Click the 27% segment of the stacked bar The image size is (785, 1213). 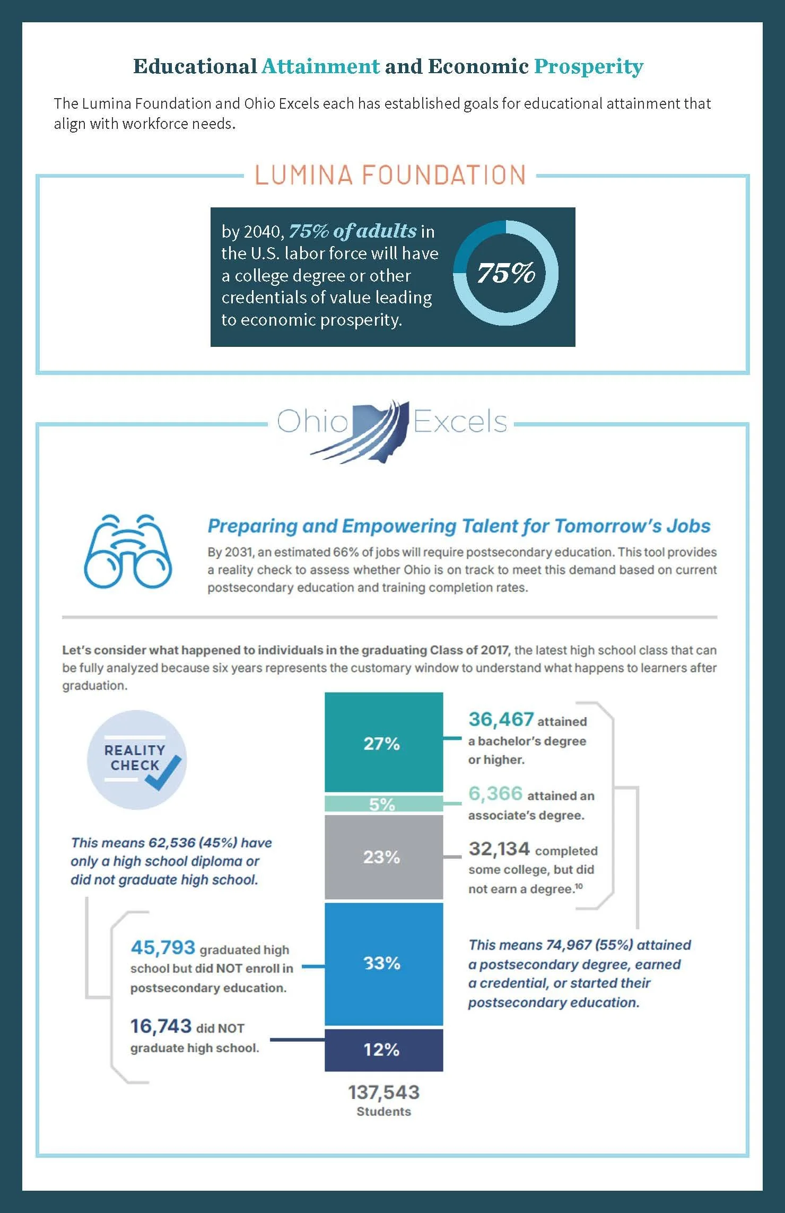[x=383, y=742]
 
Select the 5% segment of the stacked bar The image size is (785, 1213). [x=383, y=804]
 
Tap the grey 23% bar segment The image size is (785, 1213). [x=383, y=857]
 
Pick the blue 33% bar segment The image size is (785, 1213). [x=383, y=964]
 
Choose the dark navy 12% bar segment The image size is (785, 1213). [x=383, y=1050]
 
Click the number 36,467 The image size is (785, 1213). [x=501, y=719]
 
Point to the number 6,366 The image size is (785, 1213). [x=495, y=793]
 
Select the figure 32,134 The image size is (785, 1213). [x=499, y=849]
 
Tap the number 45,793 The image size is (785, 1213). [x=163, y=947]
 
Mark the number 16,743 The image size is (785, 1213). [x=161, y=1026]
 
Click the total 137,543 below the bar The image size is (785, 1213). [x=383, y=1092]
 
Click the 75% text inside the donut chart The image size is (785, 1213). [x=506, y=273]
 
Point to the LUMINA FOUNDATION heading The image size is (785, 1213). [x=390, y=175]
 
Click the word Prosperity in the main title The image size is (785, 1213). [x=589, y=67]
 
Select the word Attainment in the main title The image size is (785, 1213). [x=321, y=66]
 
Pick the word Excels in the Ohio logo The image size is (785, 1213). [x=460, y=422]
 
